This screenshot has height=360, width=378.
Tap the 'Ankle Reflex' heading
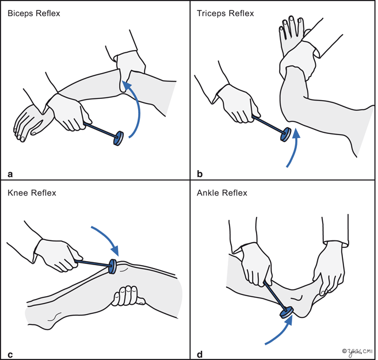(x=222, y=193)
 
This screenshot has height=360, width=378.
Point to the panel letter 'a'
(x=10, y=172)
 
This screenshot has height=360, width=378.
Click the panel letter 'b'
(x=200, y=172)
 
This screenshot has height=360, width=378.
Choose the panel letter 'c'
(x=10, y=353)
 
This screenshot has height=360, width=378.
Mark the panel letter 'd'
(x=200, y=353)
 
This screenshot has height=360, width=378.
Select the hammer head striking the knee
(x=113, y=266)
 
